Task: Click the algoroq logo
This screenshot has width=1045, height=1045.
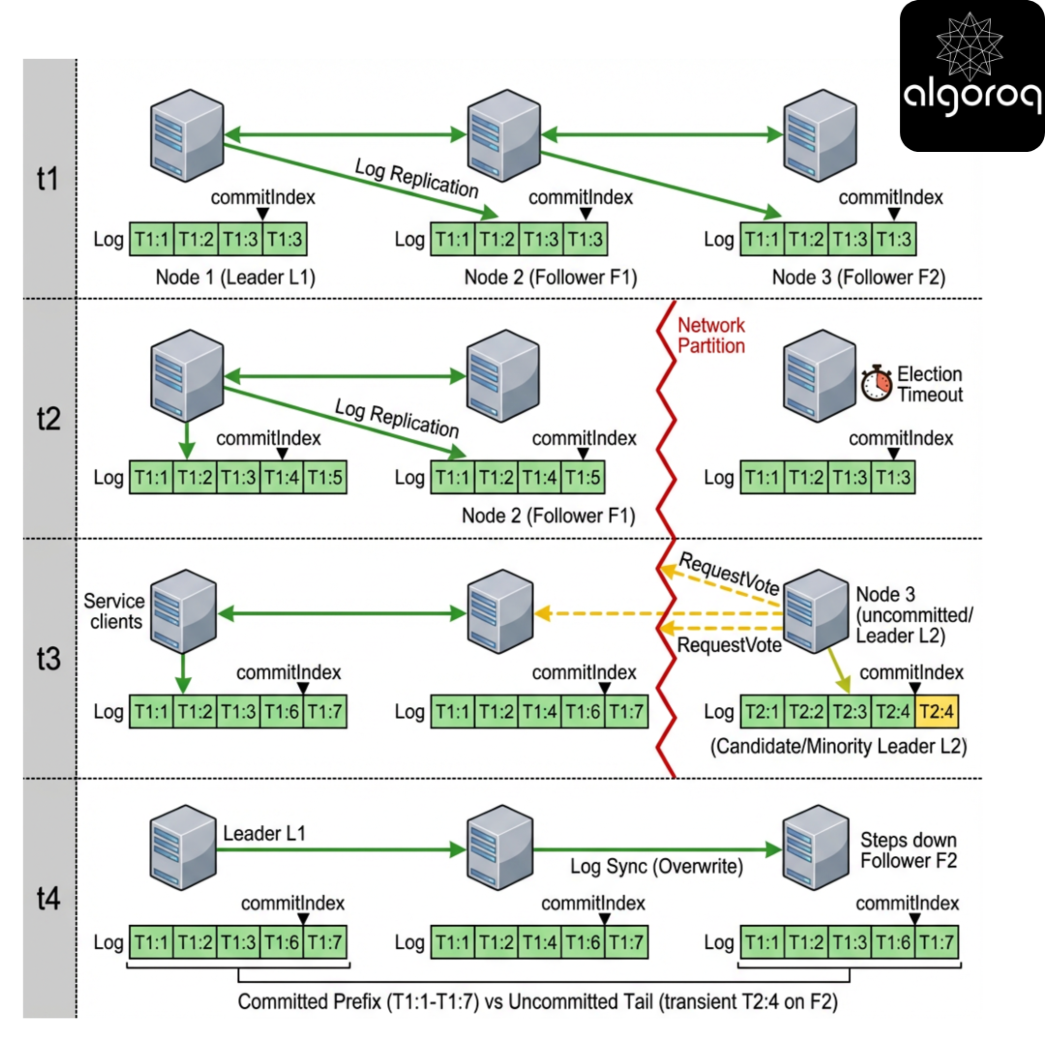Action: pyautogui.click(x=971, y=76)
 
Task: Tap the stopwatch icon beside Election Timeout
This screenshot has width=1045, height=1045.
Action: pyautogui.click(x=876, y=384)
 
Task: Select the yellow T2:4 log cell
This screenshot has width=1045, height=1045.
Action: pyautogui.click(x=937, y=712)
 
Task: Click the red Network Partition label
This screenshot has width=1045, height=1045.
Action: pyautogui.click(x=712, y=336)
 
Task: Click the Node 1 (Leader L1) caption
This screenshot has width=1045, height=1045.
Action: pyautogui.click(x=236, y=278)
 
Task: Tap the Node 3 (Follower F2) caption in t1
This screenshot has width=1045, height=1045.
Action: pyautogui.click(x=858, y=278)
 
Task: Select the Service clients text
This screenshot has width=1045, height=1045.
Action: pyautogui.click(x=116, y=611)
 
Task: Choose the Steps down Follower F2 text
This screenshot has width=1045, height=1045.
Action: pyautogui.click(x=909, y=850)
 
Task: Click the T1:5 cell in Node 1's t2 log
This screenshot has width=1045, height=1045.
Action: pyautogui.click(x=325, y=477)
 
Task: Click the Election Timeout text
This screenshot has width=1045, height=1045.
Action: pyautogui.click(x=929, y=384)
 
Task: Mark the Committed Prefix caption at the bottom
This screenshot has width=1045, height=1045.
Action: pyautogui.click(x=537, y=1002)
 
